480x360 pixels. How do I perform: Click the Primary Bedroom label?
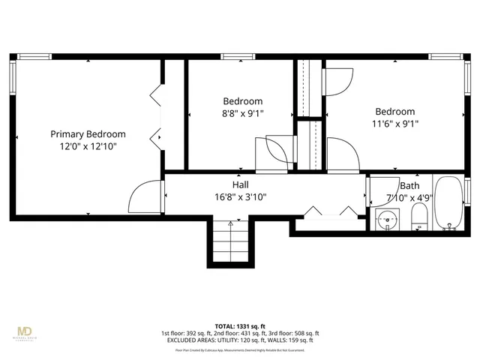click(x=88, y=134)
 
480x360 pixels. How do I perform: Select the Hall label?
click(x=240, y=184)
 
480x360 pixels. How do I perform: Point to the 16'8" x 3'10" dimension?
click(x=240, y=197)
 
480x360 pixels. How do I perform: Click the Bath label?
click(x=409, y=186)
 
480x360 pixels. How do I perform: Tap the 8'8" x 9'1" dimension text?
click(x=243, y=114)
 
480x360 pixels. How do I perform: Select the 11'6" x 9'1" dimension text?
click(x=394, y=124)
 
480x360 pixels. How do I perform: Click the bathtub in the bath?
click(x=448, y=204)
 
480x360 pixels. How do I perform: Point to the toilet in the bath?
click(x=419, y=219)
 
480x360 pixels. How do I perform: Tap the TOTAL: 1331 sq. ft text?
click(x=239, y=326)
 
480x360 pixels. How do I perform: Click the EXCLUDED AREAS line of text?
click(x=239, y=340)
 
